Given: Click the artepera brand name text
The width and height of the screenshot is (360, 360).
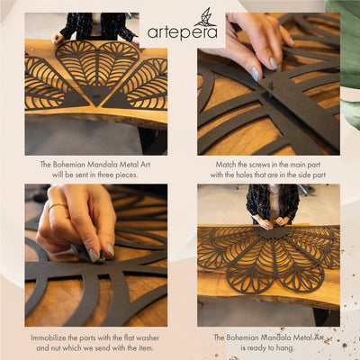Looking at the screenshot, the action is point(183,32).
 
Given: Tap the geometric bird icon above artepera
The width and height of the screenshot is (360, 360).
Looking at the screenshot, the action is point(205,17).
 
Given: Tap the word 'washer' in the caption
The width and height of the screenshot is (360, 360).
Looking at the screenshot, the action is point(148,337).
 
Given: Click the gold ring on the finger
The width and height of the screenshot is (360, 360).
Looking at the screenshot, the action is point(58,206).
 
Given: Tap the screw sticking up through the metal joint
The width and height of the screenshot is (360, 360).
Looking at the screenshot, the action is point(270,90).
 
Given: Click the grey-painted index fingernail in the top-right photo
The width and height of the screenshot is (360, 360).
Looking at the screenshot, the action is point(255,74).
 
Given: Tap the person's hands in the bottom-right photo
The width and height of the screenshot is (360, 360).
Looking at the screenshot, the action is point(273,222).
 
